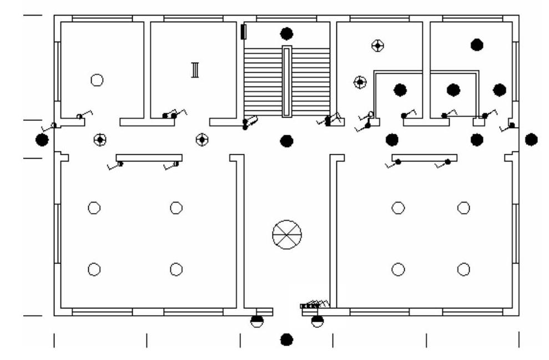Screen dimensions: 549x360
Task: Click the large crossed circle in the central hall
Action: (287, 235)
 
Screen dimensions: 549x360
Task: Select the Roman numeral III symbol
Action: (195, 70)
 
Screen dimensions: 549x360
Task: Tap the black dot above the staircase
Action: (286, 34)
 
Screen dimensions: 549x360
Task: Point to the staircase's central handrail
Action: (286, 81)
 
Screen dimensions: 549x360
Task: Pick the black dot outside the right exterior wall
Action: (531, 139)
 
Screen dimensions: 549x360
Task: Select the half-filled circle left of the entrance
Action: (256, 321)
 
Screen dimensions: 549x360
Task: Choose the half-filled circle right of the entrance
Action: (317, 321)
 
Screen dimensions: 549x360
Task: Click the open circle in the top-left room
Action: (97, 80)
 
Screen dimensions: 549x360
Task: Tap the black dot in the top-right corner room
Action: (477, 45)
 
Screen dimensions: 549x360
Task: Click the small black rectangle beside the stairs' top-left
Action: (243, 32)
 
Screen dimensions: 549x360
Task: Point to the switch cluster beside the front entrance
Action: (315, 305)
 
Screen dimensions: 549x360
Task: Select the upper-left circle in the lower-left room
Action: (94, 208)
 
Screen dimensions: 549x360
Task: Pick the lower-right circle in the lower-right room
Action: (464, 270)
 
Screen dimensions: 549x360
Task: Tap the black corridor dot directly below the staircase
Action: (286, 140)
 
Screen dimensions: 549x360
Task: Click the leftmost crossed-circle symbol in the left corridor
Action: (100, 140)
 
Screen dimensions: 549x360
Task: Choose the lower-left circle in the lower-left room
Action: (94, 270)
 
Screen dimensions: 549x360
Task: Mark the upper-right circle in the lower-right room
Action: (464, 208)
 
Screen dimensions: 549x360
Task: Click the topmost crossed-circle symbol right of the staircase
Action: (378, 45)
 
